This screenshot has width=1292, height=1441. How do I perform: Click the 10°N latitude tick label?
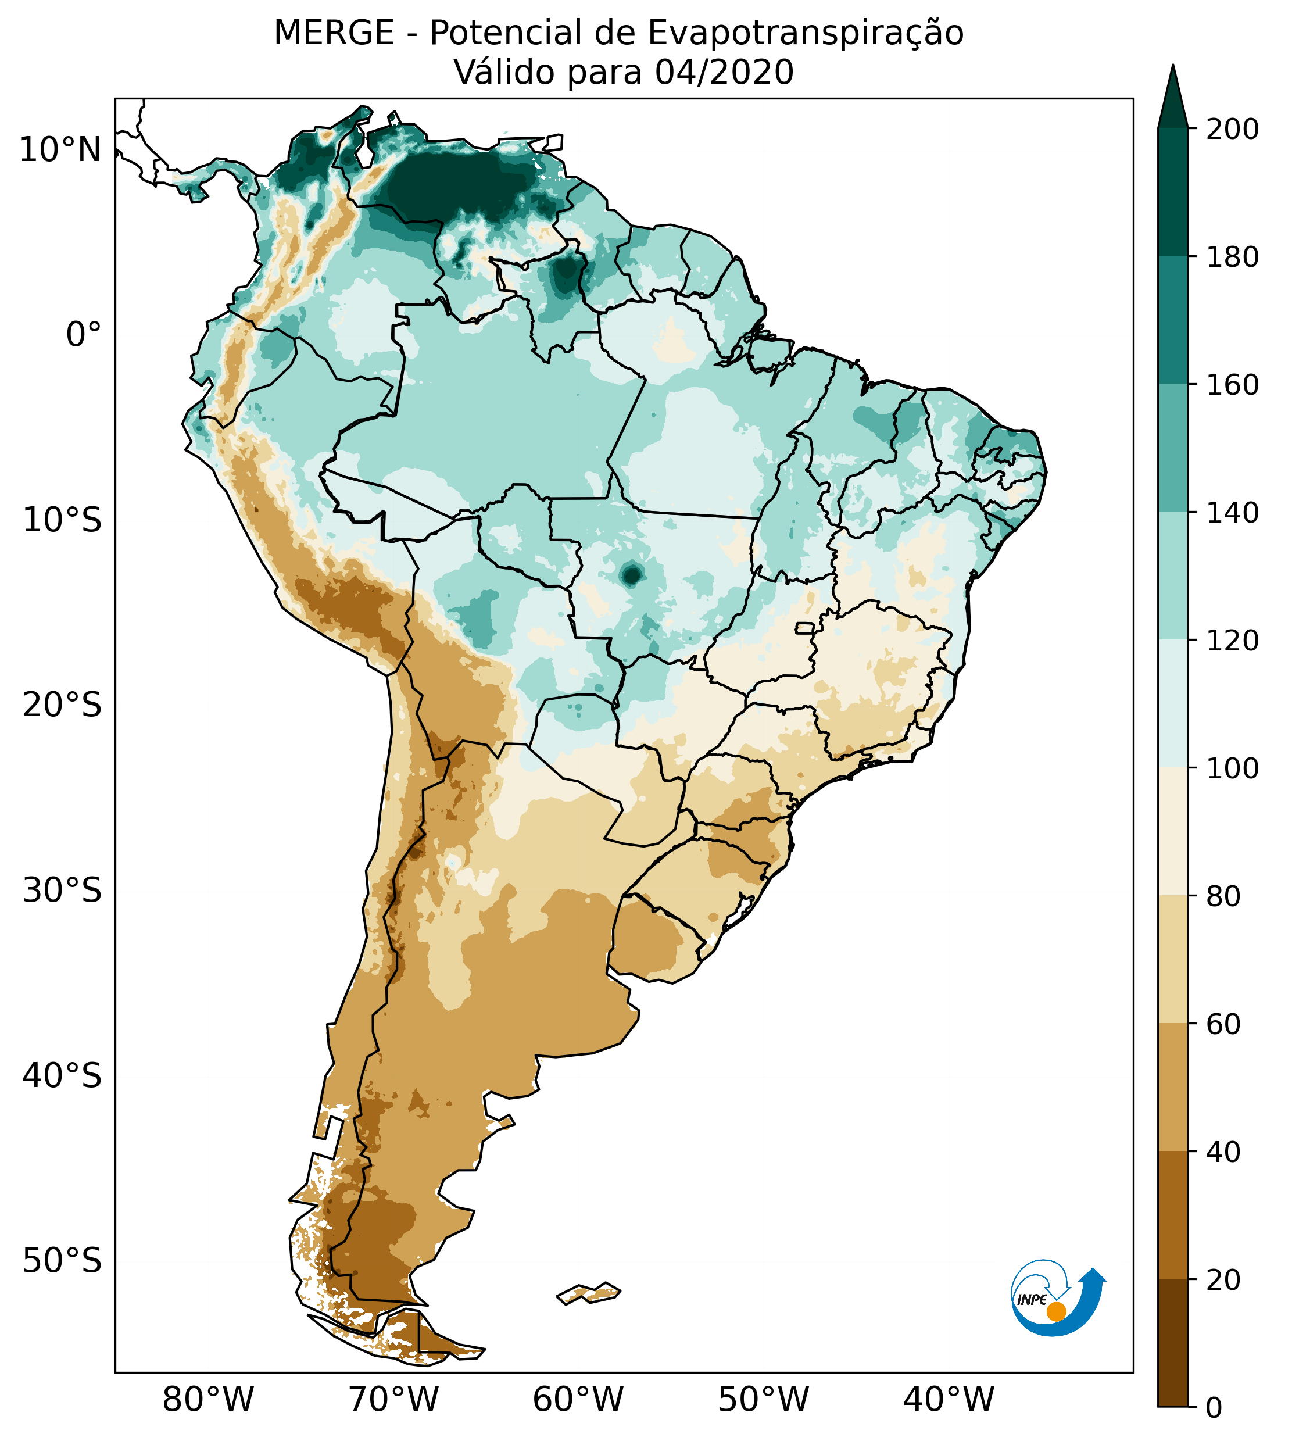[60, 151]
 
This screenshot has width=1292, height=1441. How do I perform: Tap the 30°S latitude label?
[62, 890]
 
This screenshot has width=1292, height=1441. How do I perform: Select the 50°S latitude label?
[62, 1261]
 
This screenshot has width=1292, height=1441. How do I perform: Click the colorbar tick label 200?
[1232, 130]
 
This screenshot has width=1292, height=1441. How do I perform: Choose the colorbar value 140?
[1232, 513]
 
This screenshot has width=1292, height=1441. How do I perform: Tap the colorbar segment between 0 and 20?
[1173, 1343]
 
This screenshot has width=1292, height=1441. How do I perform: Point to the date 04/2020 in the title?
[724, 73]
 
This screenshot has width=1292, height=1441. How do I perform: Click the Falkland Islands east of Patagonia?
[589, 1293]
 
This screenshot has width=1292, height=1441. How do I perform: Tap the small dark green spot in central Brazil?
[631, 574]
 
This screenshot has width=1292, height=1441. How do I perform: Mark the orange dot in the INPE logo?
[1056, 1311]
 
